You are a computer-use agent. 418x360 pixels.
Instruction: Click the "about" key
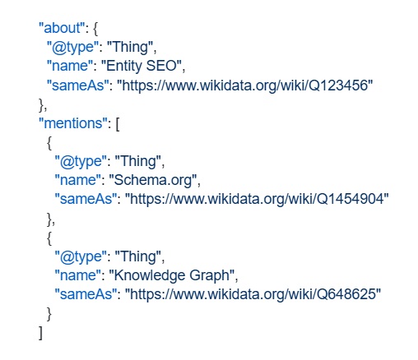[x=61, y=28]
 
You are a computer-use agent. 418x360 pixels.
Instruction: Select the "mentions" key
[x=72, y=123]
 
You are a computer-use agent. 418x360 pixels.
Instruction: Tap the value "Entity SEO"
[x=142, y=66]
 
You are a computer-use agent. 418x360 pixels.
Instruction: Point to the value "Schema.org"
[x=153, y=180]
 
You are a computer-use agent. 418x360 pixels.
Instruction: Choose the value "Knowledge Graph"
[x=172, y=275]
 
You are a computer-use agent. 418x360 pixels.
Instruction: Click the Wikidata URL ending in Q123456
[x=245, y=85]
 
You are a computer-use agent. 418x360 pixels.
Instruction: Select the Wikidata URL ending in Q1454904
[x=257, y=199]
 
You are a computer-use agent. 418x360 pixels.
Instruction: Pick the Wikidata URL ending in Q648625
[x=253, y=294]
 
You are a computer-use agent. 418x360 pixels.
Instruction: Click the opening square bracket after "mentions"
[x=118, y=124]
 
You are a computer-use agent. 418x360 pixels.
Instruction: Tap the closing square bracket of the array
[x=40, y=333]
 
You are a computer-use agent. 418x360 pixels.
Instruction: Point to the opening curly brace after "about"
[x=95, y=29]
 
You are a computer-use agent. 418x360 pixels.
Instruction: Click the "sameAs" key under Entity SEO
[x=76, y=85]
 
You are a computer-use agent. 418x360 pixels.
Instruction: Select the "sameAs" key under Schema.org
[x=84, y=199]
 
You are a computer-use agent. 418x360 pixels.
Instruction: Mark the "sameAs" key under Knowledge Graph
[x=84, y=294]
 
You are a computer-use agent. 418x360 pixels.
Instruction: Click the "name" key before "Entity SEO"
[x=70, y=66]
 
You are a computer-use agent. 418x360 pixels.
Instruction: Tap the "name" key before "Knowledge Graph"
[x=78, y=275]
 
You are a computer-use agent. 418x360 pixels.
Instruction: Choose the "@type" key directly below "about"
[x=72, y=47]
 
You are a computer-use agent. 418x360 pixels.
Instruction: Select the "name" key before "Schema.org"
[x=78, y=180]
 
